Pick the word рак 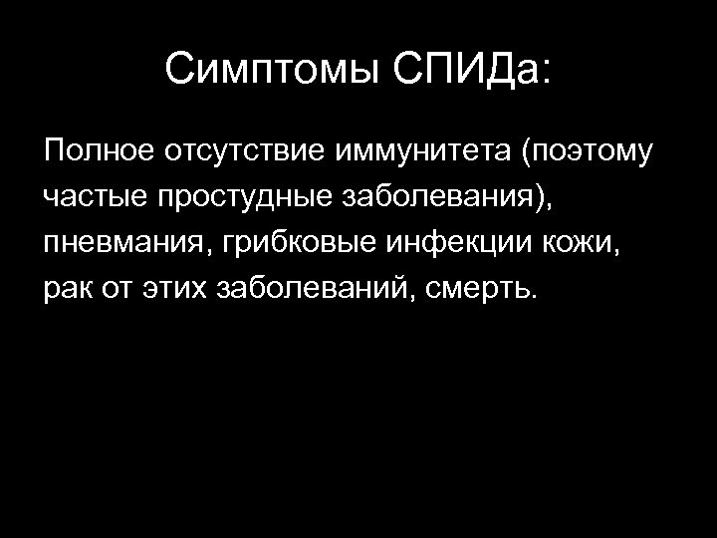[x=66, y=290]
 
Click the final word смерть [x=481, y=290]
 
